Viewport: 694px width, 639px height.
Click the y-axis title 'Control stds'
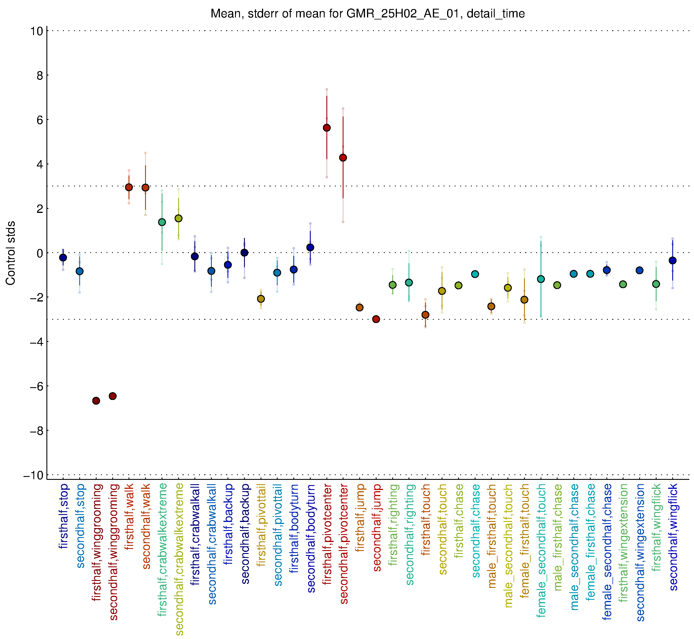[11, 253]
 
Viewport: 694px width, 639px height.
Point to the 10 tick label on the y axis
[37, 31]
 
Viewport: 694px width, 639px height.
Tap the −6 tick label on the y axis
[37, 386]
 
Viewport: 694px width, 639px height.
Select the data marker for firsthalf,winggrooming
[96, 401]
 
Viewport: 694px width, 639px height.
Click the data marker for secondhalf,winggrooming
[113, 396]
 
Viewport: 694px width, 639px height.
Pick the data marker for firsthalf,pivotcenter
[327, 128]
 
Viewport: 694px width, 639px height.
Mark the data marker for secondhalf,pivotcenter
[343, 158]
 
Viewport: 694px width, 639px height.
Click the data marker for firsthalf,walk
[129, 187]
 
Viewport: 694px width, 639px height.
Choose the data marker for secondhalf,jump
[376, 319]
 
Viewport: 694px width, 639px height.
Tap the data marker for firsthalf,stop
[63, 258]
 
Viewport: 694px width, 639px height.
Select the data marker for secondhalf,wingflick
[673, 260]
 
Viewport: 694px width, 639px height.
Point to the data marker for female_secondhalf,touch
[541, 279]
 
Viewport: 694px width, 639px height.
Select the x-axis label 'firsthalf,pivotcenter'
[327, 534]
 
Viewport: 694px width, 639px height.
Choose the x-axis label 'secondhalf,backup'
[245, 534]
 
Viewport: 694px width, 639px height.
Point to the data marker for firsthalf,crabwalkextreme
[162, 222]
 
